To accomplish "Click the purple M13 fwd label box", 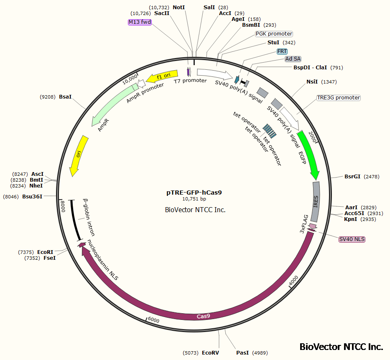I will [x=140, y=22].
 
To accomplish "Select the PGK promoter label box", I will [x=274, y=34].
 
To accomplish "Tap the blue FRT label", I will [x=282, y=51].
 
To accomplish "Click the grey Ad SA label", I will [x=293, y=59].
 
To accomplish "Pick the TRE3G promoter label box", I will [x=339, y=98].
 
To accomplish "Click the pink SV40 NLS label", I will [x=352, y=239].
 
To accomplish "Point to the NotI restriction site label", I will [x=178, y=8].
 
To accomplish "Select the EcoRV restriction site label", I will [x=210, y=353].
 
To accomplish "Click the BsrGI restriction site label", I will [x=352, y=177].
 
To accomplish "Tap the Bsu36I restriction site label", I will [x=33, y=196].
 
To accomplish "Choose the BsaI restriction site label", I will [x=65, y=97].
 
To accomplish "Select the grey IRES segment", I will [x=316, y=202].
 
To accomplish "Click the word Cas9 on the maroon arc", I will [x=203, y=316].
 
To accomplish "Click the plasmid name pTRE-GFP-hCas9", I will [x=194, y=193].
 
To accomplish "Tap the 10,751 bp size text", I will [x=194, y=199].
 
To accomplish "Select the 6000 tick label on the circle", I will [x=153, y=319].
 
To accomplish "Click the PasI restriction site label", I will [x=242, y=353].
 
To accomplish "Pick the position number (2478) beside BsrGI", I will [x=372, y=177].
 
